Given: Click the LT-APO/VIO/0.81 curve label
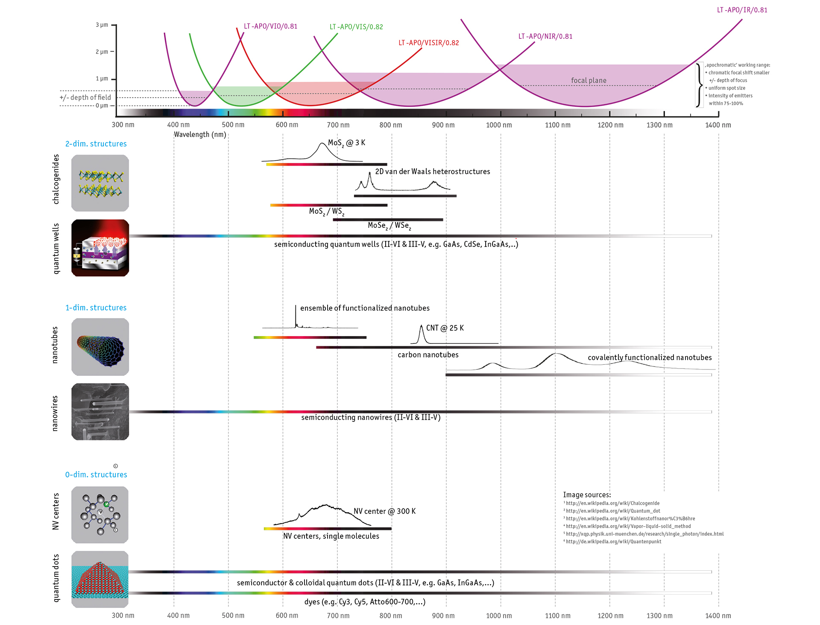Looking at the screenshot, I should [270, 26].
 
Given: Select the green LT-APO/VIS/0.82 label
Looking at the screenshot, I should [356, 27].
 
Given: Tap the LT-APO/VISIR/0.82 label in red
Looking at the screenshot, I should [428, 43].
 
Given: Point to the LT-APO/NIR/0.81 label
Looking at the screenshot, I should [545, 37].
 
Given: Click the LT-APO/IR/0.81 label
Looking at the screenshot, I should [742, 10].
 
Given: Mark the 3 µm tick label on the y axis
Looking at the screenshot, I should [102, 25].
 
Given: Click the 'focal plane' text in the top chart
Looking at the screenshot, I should [589, 81].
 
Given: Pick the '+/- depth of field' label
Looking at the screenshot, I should [85, 98].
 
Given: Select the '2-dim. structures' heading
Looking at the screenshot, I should [96, 144].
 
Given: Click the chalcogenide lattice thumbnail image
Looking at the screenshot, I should [100, 183].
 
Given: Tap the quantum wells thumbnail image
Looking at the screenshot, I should [100, 248].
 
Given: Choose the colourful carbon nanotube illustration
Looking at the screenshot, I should [100, 347].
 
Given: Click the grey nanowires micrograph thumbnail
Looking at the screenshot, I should [100, 412].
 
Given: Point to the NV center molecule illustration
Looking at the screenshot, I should [100, 515].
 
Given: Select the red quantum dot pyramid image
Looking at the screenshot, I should [100, 579].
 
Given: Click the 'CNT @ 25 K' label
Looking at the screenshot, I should [445, 328].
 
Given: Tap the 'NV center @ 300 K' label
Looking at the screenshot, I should [384, 512].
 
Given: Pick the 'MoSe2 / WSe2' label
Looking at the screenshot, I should [389, 226].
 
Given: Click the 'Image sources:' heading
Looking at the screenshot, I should [586, 495].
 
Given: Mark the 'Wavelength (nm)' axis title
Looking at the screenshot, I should [200, 135].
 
